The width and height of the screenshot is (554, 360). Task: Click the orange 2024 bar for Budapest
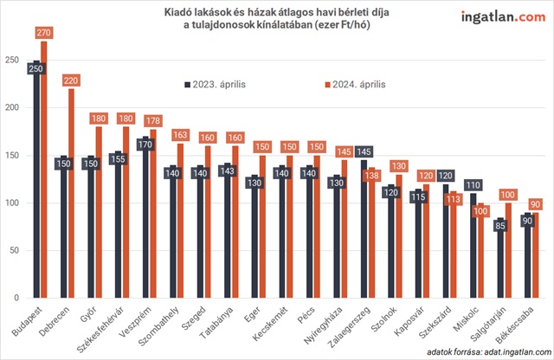[44, 173]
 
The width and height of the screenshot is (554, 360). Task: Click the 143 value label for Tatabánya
[227, 171]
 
